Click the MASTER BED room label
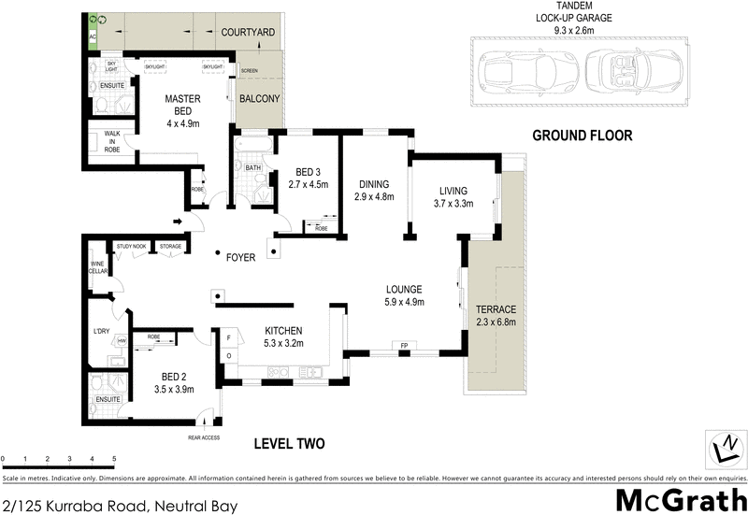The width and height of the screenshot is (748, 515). [183, 104]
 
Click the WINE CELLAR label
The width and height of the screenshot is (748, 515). [98, 268]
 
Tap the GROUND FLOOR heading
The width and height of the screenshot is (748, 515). [582, 136]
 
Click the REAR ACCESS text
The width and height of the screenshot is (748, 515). [203, 437]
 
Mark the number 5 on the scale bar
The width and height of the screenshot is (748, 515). [114, 459]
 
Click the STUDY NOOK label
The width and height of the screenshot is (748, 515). [131, 247]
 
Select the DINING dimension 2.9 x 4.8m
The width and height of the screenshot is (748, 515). [374, 197]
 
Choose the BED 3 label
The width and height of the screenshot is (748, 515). [309, 172]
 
